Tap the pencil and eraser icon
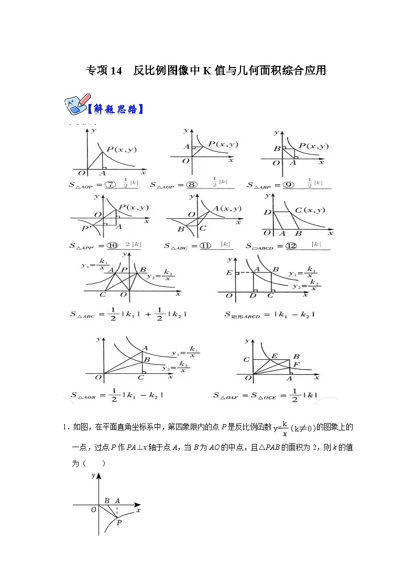(75, 105)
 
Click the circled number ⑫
(291, 246)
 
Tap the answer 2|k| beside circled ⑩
(131, 245)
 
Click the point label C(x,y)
(310, 210)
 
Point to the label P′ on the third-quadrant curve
(85, 228)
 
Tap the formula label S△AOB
(83, 395)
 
